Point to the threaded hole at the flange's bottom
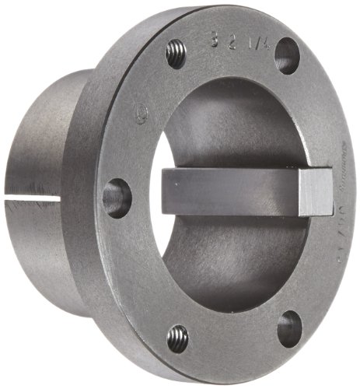(178, 338)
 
